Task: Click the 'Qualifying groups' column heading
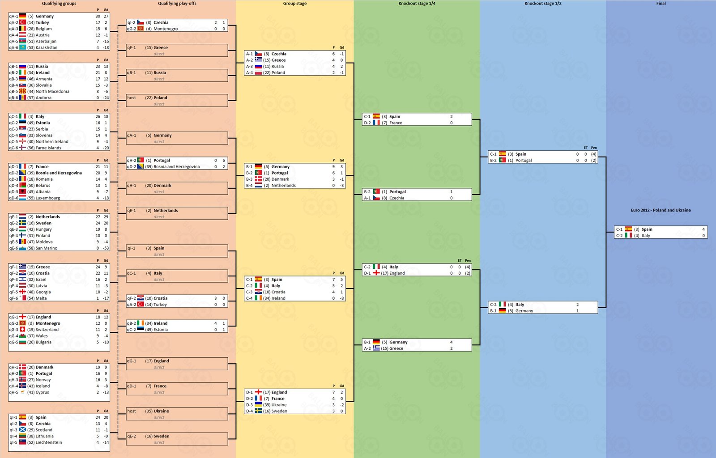pos(59,4)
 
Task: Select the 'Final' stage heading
pos(661,4)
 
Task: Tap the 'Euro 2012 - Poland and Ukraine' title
pos(661,210)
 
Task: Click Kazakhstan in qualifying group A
pos(47,47)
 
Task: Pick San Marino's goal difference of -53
pos(106,248)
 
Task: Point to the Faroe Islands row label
pos(48,148)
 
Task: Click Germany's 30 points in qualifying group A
pos(98,16)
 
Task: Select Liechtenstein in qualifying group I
pos(49,442)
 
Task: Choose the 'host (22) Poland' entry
pos(147,98)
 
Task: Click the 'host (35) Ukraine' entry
pos(148,411)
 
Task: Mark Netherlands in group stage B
pos(284,186)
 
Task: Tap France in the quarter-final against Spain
pos(396,123)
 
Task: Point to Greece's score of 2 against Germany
pos(452,348)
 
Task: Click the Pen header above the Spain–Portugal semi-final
pos(593,148)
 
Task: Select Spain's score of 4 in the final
pos(703,229)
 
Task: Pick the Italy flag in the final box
pos(628,235)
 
